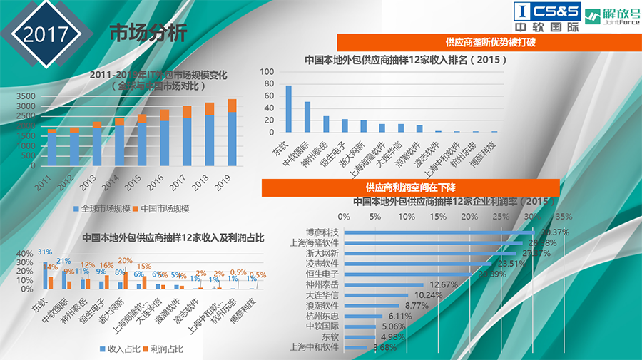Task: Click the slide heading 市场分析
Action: click(148, 33)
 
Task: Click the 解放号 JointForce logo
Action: click(611, 17)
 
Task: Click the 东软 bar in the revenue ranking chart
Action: click(288, 108)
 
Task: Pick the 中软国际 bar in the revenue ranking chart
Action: click(307, 117)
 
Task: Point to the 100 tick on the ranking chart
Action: click(267, 72)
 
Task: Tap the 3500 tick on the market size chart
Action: click(24, 96)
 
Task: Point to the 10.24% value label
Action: click(427, 294)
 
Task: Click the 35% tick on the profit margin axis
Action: click(564, 216)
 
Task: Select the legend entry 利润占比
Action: click(165, 349)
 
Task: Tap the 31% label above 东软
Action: click(44, 252)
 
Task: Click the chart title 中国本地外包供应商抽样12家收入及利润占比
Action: click(173, 238)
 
